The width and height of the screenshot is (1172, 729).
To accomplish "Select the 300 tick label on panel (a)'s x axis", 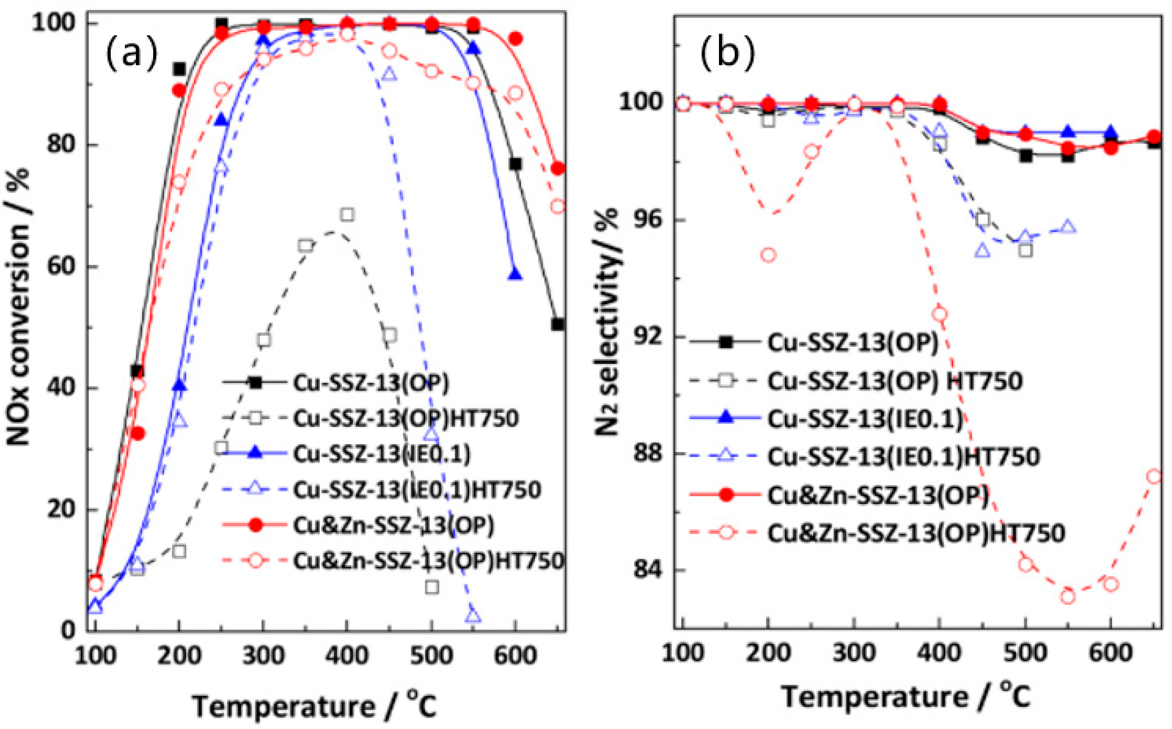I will (263, 656).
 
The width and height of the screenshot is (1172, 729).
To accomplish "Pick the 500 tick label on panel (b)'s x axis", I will (1025, 654).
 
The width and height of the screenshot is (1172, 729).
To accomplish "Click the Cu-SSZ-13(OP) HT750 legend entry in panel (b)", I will (894, 381).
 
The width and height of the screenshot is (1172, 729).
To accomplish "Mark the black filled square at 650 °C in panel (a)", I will (558, 324).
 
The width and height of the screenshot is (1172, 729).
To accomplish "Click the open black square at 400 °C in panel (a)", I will (347, 215).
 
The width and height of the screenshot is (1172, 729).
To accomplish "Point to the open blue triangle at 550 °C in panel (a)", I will (473, 615).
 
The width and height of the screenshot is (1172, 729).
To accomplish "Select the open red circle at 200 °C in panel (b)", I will (769, 255).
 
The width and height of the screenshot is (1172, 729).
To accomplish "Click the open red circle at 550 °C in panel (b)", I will (1068, 597).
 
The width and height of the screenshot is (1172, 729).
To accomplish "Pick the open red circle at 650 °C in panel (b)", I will (1154, 477).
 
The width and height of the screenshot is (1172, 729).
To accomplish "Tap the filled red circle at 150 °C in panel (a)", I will (138, 434).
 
